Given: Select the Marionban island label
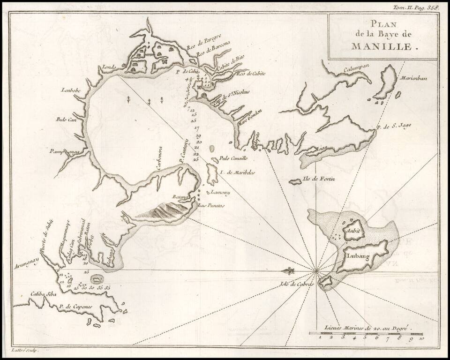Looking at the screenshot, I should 412,78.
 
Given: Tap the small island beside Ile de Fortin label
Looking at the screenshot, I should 296,181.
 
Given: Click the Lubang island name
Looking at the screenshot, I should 358,256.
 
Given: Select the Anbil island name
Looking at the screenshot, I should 351,231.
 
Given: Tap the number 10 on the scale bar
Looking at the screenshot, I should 421,337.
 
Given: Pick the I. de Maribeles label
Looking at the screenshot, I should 237,172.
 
